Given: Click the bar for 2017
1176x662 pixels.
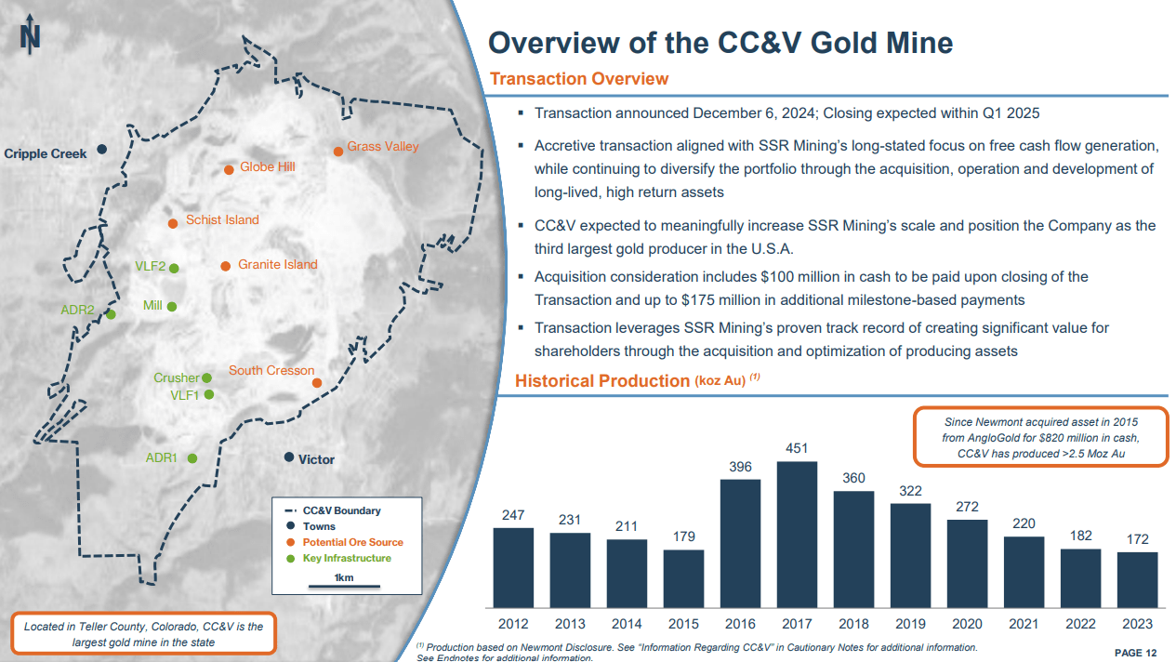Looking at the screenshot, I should pos(797,534).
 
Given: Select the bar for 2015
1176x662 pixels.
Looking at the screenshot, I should pos(683,577).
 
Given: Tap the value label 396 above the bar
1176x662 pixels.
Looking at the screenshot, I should pos(740,467).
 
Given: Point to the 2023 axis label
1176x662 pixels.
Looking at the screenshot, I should pos(1137,624).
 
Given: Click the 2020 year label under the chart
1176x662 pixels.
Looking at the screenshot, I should pos(967,624).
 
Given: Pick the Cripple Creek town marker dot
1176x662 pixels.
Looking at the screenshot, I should pos(102,149).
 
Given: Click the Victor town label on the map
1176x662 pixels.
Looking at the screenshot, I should pos(316,459).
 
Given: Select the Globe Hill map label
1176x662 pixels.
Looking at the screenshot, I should pos(267,167).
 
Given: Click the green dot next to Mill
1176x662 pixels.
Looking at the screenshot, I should pos(172,306).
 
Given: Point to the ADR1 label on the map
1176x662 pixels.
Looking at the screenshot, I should pos(161,457).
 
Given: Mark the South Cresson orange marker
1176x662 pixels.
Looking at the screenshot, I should pos(317,383).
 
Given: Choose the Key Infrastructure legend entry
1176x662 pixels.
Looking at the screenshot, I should pos(347,558).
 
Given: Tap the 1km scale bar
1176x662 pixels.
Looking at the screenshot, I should pos(344,586).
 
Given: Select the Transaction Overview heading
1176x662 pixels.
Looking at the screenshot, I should pos(578,79).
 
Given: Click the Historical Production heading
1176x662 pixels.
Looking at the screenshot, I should pos(601,380).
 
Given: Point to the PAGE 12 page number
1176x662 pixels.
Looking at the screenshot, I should pos(1135,653).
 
